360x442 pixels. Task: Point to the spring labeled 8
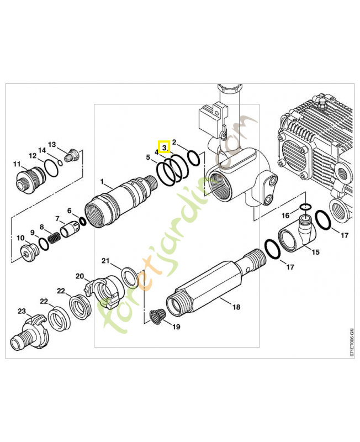54,238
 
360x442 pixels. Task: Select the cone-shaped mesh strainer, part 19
157,317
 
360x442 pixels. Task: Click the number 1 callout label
102,182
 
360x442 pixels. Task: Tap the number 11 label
17,164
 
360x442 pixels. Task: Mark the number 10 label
20,238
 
